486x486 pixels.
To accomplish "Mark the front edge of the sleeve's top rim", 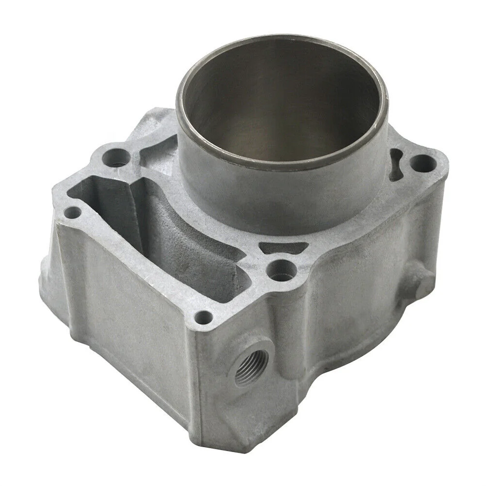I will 272,165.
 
